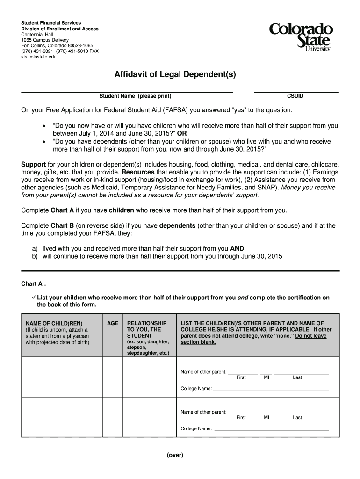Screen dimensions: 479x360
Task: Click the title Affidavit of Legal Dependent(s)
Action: click(x=175, y=74)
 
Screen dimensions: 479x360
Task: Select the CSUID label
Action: click(x=295, y=96)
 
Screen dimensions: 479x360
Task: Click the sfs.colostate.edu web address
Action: click(x=39, y=57)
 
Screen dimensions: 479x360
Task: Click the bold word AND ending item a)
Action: click(x=237, y=249)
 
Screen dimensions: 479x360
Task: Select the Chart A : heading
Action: click(x=34, y=284)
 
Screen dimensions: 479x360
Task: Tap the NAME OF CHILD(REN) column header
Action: click(x=52, y=323)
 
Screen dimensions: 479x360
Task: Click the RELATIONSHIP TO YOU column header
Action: click(x=146, y=329)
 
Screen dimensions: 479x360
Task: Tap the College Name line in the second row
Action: click(x=271, y=429)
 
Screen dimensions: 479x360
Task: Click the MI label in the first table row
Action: click(x=266, y=377)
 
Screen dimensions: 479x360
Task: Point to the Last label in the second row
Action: click(x=297, y=418)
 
